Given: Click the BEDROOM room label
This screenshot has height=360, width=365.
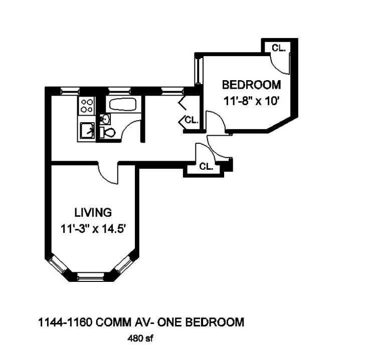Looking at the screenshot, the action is (x=251, y=85).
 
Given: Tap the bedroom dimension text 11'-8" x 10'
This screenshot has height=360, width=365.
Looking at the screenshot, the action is (x=251, y=101).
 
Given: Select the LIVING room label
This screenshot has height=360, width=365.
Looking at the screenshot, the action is (x=93, y=212).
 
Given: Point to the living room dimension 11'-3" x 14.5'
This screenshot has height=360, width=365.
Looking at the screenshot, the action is (x=93, y=229).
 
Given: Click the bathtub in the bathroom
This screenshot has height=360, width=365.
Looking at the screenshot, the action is (x=123, y=105).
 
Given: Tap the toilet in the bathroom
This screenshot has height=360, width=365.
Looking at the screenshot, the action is (x=107, y=133).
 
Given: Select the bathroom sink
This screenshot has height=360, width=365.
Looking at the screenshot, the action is (x=105, y=119).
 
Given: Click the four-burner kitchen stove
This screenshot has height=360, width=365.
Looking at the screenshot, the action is (x=87, y=106).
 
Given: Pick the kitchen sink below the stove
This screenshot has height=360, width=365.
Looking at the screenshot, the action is (x=87, y=130).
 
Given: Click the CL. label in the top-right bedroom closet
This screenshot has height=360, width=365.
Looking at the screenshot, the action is (x=279, y=48).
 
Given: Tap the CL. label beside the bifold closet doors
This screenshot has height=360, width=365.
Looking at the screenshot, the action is (x=192, y=120).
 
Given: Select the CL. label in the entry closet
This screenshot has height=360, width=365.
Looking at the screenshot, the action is (x=206, y=166).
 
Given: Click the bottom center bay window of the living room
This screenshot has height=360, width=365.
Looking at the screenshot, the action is (x=91, y=276).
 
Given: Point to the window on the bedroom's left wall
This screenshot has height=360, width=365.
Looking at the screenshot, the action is (x=199, y=71).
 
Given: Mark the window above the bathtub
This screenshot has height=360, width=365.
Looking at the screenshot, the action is (x=119, y=91).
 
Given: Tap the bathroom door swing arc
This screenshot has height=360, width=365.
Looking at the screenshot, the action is (x=127, y=127).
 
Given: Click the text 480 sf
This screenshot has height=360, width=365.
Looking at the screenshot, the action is (x=140, y=338).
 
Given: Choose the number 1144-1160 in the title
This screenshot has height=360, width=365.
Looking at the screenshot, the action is (x=65, y=322).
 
